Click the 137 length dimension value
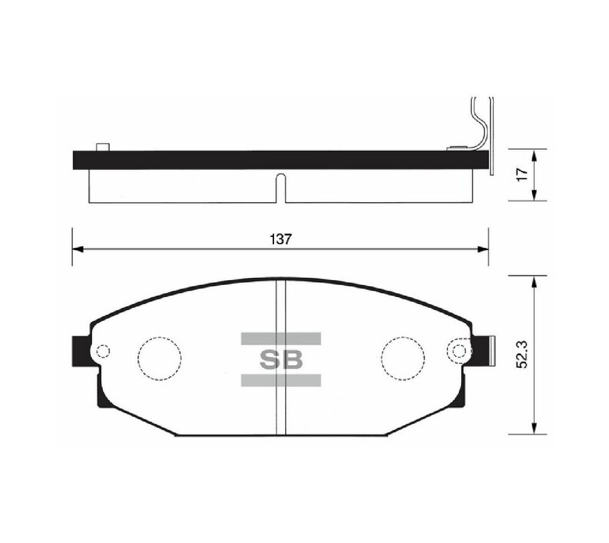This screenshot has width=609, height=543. pyautogui.click(x=280, y=239)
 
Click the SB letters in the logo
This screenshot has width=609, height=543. pyautogui.click(x=281, y=360)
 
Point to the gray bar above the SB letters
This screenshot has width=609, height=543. pyautogui.click(x=281, y=338)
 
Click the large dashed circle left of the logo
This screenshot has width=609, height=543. pyautogui.click(x=160, y=359)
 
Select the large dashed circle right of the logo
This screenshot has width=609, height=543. pyautogui.click(x=403, y=359)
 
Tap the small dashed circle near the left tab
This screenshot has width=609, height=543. pyautogui.click(x=103, y=351)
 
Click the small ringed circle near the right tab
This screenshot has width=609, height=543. pyautogui.click(x=459, y=351)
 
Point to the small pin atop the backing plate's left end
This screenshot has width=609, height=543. pyautogui.click(x=103, y=147)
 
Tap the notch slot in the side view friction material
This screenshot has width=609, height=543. pyautogui.click(x=280, y=187)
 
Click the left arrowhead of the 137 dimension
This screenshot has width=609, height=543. pyautogui.click(x=76, y=248)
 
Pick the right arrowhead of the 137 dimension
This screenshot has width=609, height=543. pyautogui.click(x=484, y=248)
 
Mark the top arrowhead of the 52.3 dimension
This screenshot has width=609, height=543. pyautogui.click(x=534, y=280)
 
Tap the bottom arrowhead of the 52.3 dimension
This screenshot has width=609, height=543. pyautogui.click(x=534, y=430)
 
